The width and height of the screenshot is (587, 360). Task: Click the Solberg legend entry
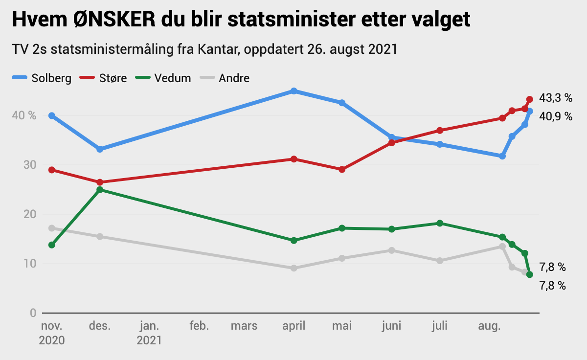[x=42, y=78]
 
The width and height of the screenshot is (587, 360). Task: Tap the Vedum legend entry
[x=163, y=78]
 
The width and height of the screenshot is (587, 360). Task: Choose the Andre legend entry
[x=225, y=78]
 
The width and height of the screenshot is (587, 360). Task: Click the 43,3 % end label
[x=556, y=98]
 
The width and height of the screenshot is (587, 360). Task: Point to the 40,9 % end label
[x=556, y=116]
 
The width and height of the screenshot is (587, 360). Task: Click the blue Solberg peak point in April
[x=294, y=91]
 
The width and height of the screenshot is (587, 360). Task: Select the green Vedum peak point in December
[x=100, y=190]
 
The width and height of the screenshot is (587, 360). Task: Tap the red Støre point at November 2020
[x=52, y=170]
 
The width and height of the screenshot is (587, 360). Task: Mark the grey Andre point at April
[x=294, y=268]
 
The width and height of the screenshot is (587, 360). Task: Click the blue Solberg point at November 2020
[x=52, y=115]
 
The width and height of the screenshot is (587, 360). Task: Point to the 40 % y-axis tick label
[x=24, y=115]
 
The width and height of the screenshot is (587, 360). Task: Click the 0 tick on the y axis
[x=33, y=313]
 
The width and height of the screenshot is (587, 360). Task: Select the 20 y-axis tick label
[x=30, y=214]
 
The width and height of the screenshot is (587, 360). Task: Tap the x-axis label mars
[x=244, y=326]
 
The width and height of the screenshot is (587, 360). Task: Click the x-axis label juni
[x=391, y=326]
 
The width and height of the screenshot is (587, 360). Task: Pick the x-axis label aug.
[x=489, y=326]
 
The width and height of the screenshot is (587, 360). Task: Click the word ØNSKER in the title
[x=114, y=19]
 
